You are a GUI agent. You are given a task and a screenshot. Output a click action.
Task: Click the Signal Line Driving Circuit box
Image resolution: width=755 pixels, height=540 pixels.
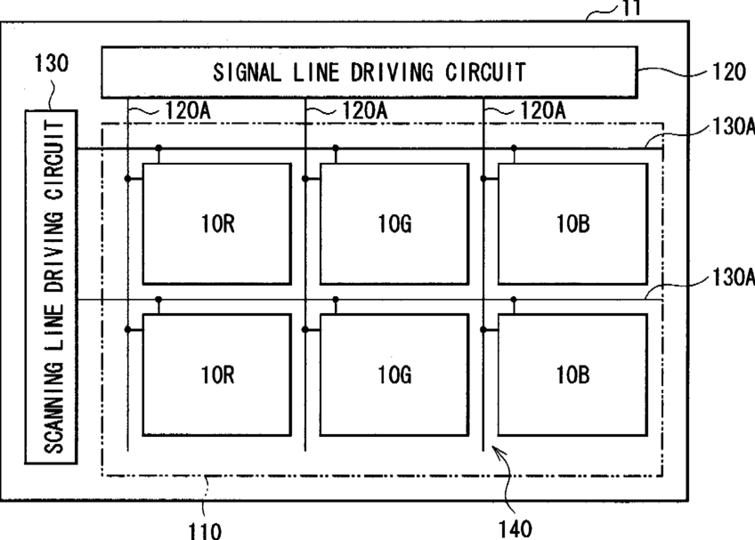(369, 71)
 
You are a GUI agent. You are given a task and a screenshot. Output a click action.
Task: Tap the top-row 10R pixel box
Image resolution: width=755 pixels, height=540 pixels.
(216, 224)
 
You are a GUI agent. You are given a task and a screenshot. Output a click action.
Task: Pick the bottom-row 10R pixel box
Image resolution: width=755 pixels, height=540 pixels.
(216, 375)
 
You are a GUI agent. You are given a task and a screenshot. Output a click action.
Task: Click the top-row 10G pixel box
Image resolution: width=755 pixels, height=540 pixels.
(394, 224)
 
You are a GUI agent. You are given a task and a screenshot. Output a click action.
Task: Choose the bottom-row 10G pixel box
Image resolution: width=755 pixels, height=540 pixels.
(394, 375)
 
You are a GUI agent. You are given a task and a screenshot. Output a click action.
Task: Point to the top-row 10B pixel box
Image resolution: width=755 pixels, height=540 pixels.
(572, 224)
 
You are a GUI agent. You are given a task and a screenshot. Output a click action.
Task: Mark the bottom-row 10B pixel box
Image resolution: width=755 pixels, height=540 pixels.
(572, 375)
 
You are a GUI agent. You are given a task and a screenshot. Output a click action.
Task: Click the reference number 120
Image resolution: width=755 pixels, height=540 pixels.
(728, 73)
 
